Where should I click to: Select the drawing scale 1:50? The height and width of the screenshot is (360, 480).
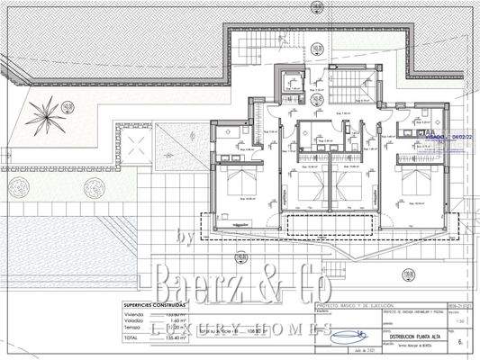pos(462,320)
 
